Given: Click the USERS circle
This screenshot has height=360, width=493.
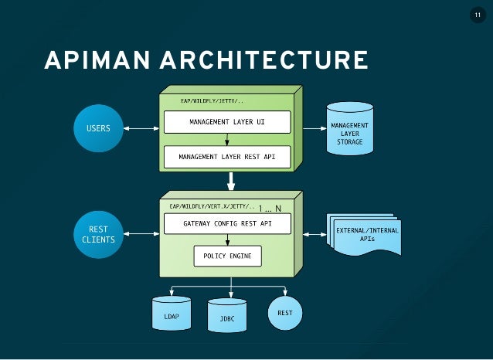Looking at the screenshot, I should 97,128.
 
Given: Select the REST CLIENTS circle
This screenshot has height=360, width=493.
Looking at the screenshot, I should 97,234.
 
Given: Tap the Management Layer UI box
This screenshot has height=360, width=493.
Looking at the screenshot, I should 226,122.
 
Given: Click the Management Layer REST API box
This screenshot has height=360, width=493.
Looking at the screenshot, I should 226,157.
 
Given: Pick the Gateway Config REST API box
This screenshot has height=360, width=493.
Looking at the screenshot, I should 226,224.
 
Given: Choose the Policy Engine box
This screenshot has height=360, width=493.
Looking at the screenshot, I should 226,255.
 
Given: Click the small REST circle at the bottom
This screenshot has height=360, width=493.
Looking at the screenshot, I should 284,313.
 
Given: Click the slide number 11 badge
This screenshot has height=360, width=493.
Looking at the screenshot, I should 477,16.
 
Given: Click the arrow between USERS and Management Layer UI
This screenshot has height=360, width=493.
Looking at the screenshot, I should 141,128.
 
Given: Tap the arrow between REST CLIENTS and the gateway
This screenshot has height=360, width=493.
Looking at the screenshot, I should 141,231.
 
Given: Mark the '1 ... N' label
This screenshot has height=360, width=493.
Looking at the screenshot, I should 270,208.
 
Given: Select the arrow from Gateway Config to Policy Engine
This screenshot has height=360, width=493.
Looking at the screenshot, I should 226,239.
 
